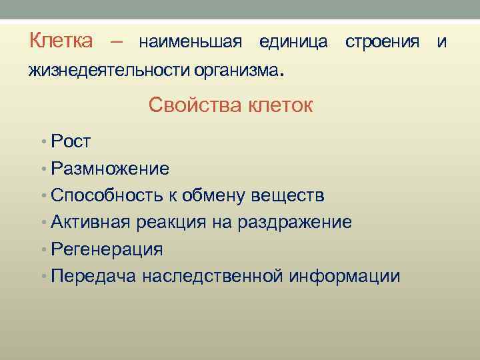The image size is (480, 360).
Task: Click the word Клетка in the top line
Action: click(61, 41)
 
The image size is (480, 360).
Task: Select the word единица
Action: click(293, 43)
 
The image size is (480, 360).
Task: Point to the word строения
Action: click(382, 43)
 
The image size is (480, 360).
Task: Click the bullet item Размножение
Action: click(109, 168)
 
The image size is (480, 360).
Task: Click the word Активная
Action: click(92, 222)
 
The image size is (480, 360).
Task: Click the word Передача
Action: click(93, 276)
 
